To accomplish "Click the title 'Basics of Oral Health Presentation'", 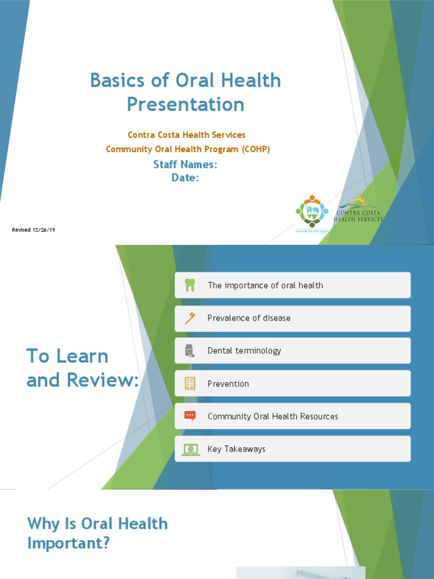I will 185,92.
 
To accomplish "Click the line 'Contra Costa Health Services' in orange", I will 186,135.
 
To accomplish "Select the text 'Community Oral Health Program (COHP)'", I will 188,149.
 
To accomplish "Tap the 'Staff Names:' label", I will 185,165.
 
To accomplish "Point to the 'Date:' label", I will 185,178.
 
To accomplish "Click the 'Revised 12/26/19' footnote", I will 33,230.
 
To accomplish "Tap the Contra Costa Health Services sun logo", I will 358,208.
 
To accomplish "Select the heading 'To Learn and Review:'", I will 83,368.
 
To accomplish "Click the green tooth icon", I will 190,286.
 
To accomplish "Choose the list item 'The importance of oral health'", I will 265,286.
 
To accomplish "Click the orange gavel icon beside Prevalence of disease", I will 190,318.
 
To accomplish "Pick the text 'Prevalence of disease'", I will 249,318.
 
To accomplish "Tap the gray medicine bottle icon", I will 190,351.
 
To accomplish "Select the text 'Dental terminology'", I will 244,351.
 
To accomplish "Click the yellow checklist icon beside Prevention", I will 190,384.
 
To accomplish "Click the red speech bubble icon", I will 190,416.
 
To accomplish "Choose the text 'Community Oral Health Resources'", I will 272,417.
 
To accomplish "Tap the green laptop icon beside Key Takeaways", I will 190,449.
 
